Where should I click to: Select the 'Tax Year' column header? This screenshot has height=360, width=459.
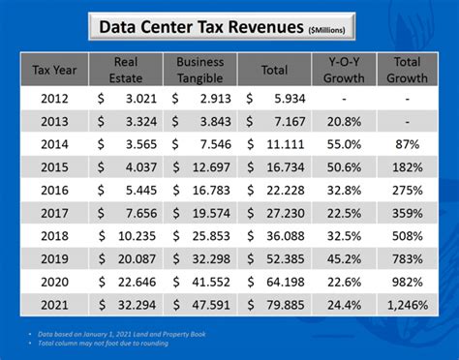(54, 70)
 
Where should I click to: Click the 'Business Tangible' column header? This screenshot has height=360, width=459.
(202, 70)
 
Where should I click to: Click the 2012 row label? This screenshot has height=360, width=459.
(54, 99)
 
